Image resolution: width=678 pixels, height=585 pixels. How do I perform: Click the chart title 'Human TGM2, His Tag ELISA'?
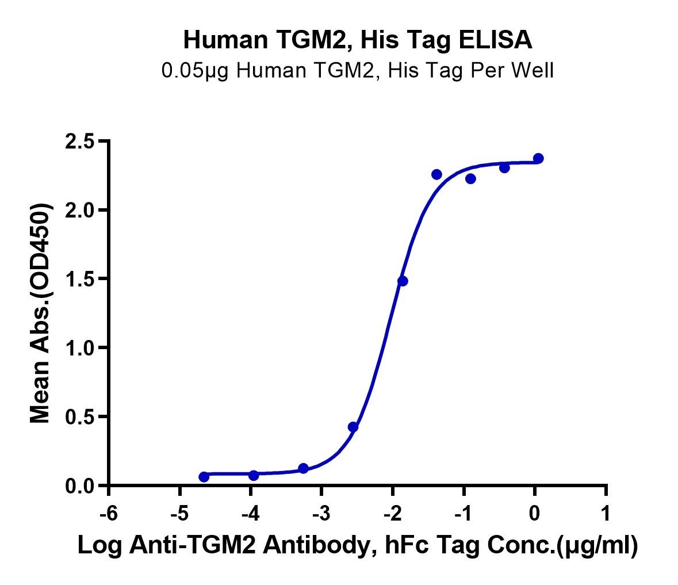[x=358, y=40]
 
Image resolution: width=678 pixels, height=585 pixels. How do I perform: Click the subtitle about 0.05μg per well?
[x=358, y=71]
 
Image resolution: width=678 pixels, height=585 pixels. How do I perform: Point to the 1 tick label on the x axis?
[x=606, y=513]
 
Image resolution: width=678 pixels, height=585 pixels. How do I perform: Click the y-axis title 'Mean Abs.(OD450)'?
[x=40, y=313]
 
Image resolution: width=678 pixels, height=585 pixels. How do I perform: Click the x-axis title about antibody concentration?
[x=358, y=545]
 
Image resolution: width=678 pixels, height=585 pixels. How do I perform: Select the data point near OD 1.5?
[x=403, y=281]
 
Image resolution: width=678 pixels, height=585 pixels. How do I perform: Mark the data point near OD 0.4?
[x=353, y=427]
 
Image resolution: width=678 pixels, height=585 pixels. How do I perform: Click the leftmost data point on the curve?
[x=204, y=476]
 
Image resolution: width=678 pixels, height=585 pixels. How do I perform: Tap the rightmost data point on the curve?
[x=538, y=158]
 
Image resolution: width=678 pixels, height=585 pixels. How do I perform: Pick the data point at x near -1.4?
[x=436, y=174]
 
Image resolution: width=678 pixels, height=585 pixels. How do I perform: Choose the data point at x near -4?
[x=254, y=475]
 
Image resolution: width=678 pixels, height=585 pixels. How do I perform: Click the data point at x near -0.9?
[x=470, y=179]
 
